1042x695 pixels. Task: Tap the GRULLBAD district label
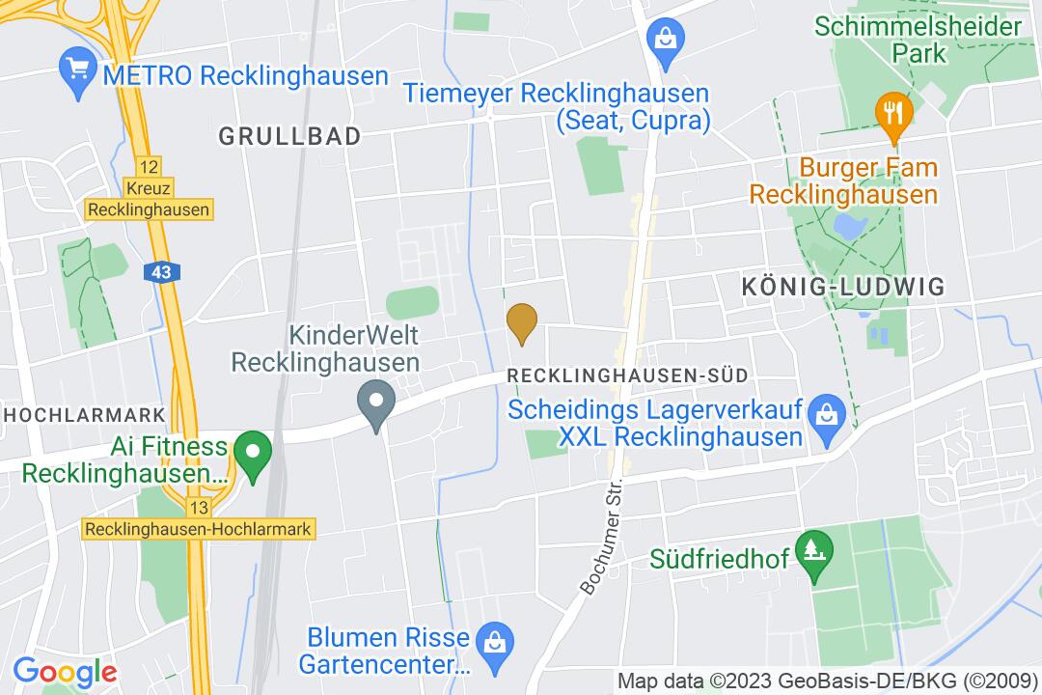click(289, 136)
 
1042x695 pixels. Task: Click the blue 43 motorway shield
click(161, 272)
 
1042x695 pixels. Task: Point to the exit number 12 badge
click(148, 166)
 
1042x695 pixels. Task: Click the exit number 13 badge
click(200, 508)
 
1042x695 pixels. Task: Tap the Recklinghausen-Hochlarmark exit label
click(200, 529)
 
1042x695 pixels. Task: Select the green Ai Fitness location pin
click(254, 455)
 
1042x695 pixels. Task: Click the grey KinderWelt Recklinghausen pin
click(375, 403)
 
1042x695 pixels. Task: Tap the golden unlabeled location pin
click(522, 321)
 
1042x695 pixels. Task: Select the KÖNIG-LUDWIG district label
click(842, 287)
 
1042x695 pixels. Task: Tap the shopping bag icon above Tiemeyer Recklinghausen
click(667, 40)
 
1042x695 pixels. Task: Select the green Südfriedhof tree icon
click(815, 555)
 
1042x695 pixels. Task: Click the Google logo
click(65, 672)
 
